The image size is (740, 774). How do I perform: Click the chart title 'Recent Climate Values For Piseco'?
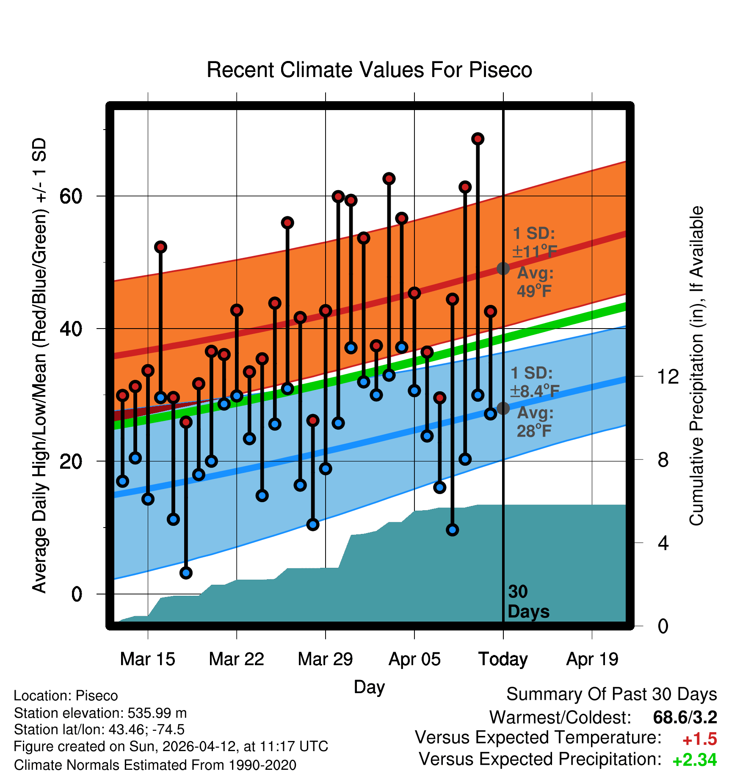click(369, 70)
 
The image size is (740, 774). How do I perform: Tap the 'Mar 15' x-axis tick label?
click(147, 659)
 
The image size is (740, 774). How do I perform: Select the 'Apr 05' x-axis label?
click(414, 659)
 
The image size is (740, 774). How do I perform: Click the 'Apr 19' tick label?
click(592, 659)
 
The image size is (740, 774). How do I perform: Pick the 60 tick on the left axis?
click(71, 196)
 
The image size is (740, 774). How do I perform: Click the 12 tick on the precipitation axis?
click(668, 376)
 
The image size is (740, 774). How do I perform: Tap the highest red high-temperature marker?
click(478, 139)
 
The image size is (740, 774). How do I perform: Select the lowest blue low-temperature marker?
click(186, 573)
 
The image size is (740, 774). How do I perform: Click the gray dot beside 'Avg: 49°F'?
click(503, 268)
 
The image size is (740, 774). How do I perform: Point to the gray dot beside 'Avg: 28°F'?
click(503, 408)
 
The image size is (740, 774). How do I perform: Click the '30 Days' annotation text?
click(528, 602)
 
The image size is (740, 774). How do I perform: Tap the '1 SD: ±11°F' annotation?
click(534, 242)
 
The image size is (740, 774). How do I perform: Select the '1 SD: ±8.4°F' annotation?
click(535, 382)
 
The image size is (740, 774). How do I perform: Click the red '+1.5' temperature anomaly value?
click(699, 739)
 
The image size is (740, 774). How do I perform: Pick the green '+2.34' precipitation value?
click(695, 760)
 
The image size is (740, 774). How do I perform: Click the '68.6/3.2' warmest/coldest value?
click(685, 717)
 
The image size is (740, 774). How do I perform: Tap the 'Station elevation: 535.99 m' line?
click(100, 713)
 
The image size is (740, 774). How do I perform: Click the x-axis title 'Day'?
click(369, 687)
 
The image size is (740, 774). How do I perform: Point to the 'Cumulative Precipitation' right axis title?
click(696, 366)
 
